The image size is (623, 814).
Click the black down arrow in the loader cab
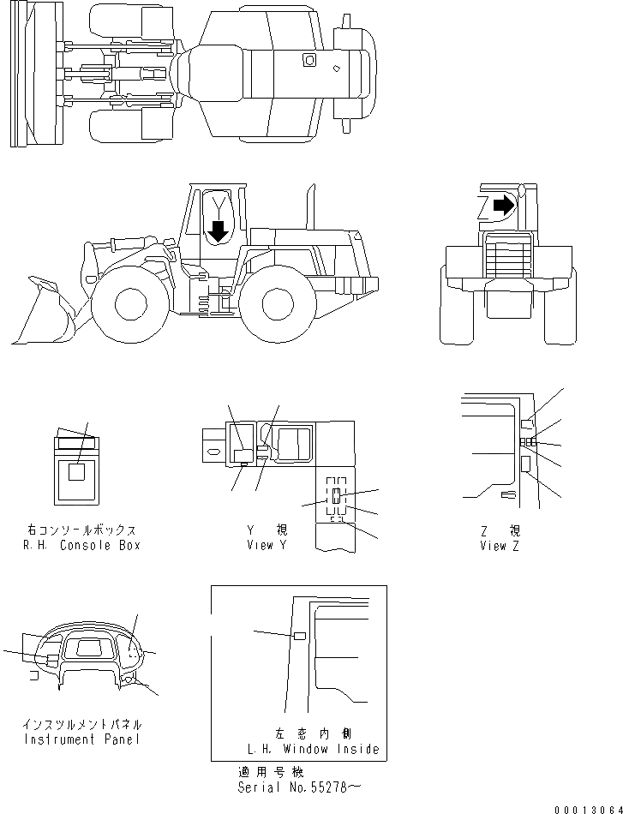click(219, 230)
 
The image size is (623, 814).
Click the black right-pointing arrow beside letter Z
click(506, 205)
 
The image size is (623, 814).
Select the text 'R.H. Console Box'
click(82, 545)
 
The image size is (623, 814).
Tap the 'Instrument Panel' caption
click(82, 739)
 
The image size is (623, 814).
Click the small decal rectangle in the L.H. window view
click(299, 636)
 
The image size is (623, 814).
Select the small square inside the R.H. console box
click(76, 472)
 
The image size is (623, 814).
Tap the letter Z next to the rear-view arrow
click(483, 206)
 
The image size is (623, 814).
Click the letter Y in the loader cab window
click(219, 206)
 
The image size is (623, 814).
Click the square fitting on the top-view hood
click(309, 60)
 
